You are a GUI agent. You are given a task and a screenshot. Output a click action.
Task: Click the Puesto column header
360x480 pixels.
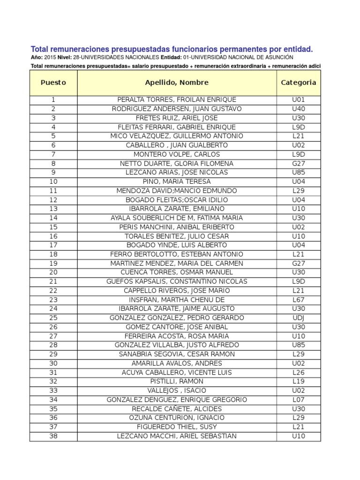53,82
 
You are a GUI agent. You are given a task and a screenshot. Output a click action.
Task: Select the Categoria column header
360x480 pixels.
298,82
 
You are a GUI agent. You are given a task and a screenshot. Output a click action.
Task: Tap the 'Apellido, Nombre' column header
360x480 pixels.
177,82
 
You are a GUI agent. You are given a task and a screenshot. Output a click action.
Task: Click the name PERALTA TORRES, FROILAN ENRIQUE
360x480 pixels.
177,100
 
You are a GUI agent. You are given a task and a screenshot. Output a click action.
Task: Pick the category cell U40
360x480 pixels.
298,109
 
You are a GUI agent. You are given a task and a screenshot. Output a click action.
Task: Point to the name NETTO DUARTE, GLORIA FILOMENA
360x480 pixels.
177,164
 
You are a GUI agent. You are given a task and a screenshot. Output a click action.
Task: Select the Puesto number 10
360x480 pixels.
53,181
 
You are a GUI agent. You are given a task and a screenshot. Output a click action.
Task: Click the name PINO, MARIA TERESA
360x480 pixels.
177,181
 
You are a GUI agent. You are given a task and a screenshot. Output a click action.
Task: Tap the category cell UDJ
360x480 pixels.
298,318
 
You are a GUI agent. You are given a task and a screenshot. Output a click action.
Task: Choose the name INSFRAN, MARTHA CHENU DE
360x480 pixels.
177,300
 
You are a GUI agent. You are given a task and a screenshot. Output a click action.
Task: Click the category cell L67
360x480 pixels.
298,300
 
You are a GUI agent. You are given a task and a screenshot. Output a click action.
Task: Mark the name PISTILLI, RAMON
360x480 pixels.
177,382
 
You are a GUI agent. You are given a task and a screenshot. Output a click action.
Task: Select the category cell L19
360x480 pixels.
298,382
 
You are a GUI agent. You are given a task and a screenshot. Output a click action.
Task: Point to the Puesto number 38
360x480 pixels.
53,436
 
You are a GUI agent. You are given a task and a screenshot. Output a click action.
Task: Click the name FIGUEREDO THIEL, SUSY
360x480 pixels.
177,427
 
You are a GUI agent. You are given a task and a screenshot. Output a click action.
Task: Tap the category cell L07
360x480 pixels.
298,400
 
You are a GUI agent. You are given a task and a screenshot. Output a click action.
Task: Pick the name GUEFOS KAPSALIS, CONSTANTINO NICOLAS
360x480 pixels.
177,282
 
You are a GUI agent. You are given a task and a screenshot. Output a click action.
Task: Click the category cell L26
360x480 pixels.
298,373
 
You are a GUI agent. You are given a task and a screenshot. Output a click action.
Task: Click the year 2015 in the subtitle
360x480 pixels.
51,57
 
